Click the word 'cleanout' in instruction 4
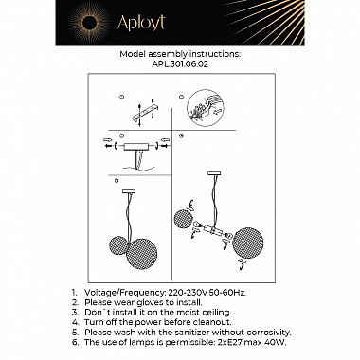211,325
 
